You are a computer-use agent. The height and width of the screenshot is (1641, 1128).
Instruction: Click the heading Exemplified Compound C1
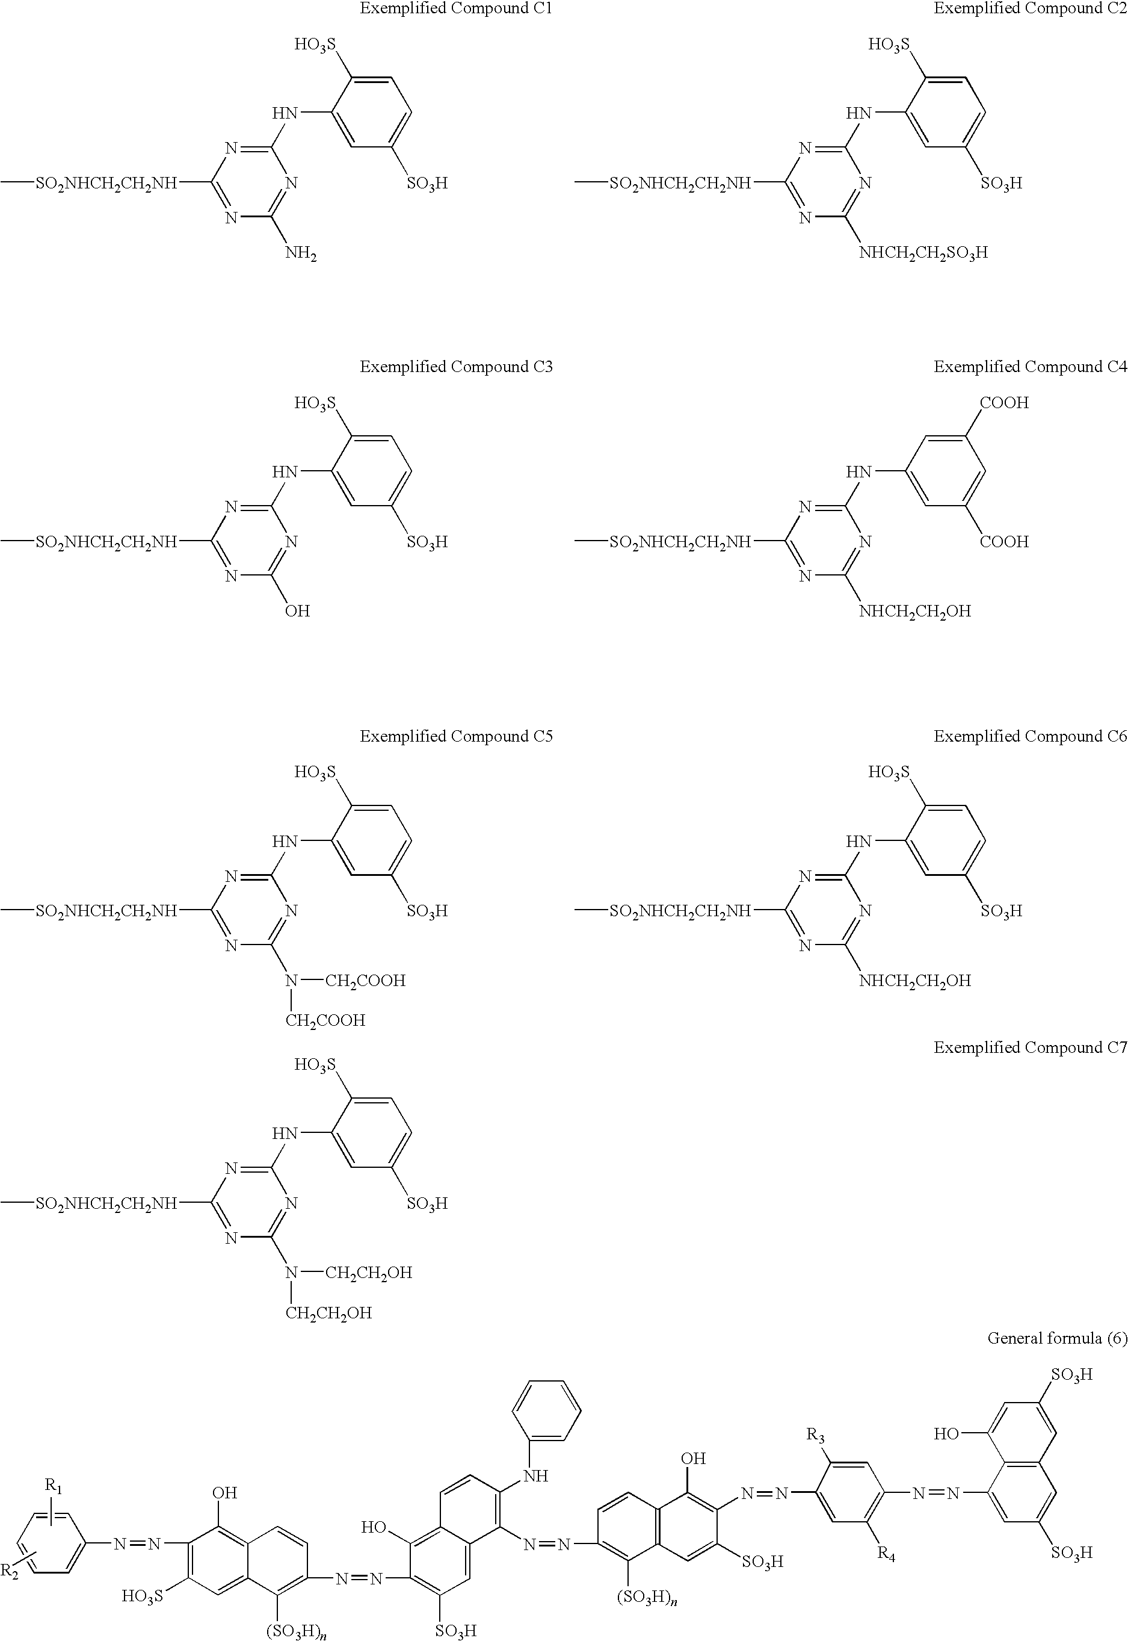[x=456, y=8]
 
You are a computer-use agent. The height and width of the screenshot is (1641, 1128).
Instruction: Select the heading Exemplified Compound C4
[x=1030, y=367]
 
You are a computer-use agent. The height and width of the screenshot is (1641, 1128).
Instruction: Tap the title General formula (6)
[x=1056, y=1338]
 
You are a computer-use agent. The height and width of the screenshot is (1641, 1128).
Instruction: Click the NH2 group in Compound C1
[x=300, y=253]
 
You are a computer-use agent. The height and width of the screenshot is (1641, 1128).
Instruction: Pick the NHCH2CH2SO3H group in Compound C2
[x=923, y=253]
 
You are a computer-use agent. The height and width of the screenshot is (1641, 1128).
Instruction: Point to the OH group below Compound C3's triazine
[x=298, y=611]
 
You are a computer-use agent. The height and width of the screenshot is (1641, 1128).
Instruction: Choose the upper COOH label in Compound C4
[x=1003, y=403]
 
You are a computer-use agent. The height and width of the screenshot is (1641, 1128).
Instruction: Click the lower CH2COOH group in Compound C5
[x=325, y=1021]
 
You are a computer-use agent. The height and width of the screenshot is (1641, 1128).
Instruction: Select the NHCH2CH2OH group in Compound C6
[x=914, y=981]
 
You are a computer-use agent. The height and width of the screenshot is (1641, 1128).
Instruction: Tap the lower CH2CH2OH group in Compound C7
[x=328, y=1313]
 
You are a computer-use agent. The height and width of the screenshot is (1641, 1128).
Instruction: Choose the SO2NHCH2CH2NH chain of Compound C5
[x=106, y=911]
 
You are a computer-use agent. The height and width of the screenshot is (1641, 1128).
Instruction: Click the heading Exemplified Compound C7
[x=1030, y=1048]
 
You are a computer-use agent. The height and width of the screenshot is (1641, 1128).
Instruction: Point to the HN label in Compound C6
[x=858, y=842]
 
